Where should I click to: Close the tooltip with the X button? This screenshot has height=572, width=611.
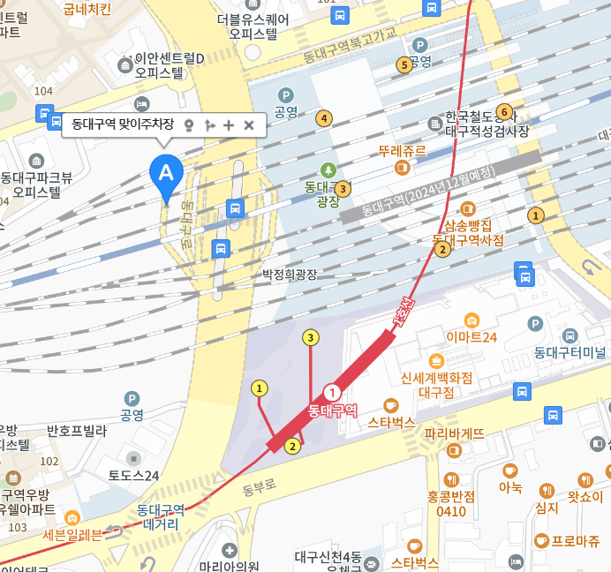[x=249, y=125]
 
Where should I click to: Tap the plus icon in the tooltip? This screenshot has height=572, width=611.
[x=229, y=125]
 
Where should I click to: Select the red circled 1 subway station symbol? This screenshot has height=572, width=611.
[x=333, y=393]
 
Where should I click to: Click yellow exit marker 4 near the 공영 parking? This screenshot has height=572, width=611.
[x=325, y=118]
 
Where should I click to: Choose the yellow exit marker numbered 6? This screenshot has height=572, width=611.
[x=504, y=112]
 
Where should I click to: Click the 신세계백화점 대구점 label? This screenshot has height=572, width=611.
[x=436, y=384]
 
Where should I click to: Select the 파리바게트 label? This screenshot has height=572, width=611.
[x=455, y=433]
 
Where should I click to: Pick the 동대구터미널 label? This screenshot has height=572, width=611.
[x=570, y=352]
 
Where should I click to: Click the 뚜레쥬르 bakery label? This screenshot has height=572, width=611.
[x=402, y=151]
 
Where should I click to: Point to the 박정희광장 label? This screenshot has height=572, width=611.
[x=289, y=275]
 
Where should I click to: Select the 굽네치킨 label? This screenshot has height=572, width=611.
[x=87, y=10]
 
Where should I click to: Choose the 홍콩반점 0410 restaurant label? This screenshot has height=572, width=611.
[x=451, y=503]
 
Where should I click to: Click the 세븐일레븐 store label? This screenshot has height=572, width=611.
[x=72, y=534]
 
